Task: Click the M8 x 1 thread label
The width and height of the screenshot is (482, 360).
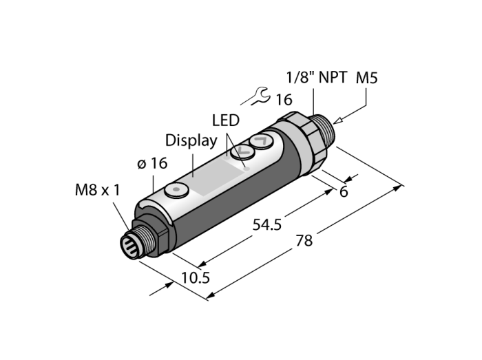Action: [98, 190]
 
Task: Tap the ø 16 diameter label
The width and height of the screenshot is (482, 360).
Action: [152, 163]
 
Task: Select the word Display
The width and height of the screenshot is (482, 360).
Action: [191, 141]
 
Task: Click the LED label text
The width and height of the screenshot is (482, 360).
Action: [226, 120]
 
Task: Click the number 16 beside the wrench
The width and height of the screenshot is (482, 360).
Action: [284, 100]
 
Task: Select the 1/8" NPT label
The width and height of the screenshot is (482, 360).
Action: [317, 77]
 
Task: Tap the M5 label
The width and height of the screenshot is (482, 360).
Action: [367, 78]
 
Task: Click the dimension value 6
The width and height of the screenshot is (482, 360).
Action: [344, 192]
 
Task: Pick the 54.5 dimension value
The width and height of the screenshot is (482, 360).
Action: [267, 225]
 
